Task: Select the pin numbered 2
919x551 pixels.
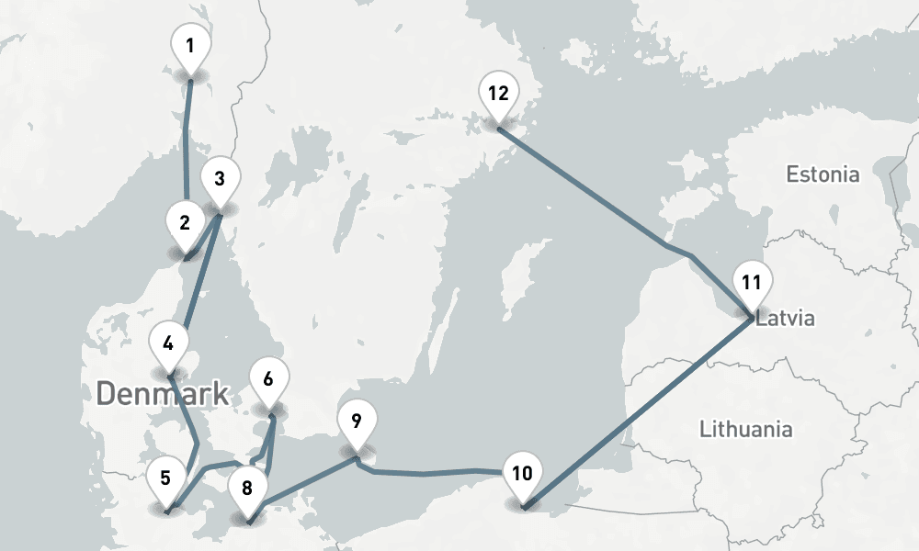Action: [x=185, y=223]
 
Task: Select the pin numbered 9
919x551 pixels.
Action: [x=357, y=422]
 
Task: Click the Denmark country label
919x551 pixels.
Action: [x=162, y=395]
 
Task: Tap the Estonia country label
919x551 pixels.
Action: [x=823, y=174]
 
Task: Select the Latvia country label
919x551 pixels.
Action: [x=786, y=320]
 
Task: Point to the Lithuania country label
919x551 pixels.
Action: [x=745, y=429]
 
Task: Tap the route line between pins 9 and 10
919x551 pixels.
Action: [x=432, y=474]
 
